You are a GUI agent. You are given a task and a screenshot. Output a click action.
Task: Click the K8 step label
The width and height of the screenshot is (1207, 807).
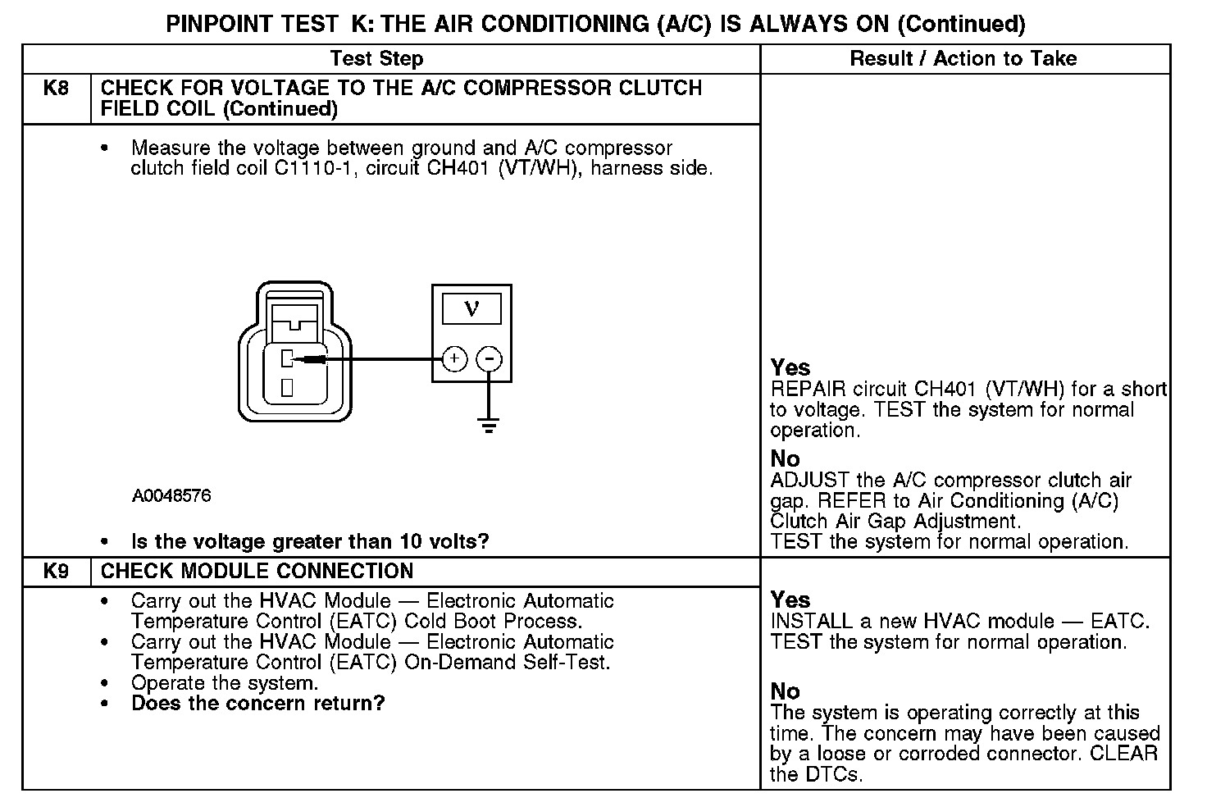[56, 89]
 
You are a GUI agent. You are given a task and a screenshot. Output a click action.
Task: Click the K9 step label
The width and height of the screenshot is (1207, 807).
[56, 572]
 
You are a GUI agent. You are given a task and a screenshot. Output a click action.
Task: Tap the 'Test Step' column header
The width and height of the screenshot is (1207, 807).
[376, 59]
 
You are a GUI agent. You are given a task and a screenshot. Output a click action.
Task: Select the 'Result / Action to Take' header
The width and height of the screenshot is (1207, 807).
[963, 59]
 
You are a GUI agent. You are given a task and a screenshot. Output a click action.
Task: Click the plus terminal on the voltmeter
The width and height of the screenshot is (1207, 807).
[454, 359]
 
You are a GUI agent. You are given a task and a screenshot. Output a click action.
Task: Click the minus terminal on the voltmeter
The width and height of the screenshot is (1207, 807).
[490, 359]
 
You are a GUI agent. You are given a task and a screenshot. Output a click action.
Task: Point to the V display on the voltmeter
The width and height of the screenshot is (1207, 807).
[471, 308]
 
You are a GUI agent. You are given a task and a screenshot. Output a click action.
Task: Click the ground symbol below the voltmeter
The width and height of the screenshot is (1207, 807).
[489, 425]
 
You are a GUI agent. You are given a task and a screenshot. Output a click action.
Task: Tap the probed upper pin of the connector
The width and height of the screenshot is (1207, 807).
[287, 358]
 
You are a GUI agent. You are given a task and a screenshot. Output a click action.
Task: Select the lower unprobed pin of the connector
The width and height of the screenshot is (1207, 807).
[287, 387]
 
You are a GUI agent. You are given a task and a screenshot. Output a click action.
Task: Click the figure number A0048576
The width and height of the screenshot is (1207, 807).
[171, 496]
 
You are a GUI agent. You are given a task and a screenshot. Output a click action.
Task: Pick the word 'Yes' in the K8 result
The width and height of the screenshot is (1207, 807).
[790, 368]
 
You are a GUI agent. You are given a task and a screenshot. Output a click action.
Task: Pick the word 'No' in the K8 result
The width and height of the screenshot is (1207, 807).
[785, 458]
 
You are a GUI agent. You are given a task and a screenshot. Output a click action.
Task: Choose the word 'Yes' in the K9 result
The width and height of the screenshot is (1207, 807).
[790, 600]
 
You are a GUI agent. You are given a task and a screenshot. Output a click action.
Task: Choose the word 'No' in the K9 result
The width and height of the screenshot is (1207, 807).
[785, 691]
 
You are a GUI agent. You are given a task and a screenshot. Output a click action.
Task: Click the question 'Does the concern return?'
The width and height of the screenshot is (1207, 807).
[257, 704]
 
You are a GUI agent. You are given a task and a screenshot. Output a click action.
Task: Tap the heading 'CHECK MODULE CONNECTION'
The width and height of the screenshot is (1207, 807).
[257, 572]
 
